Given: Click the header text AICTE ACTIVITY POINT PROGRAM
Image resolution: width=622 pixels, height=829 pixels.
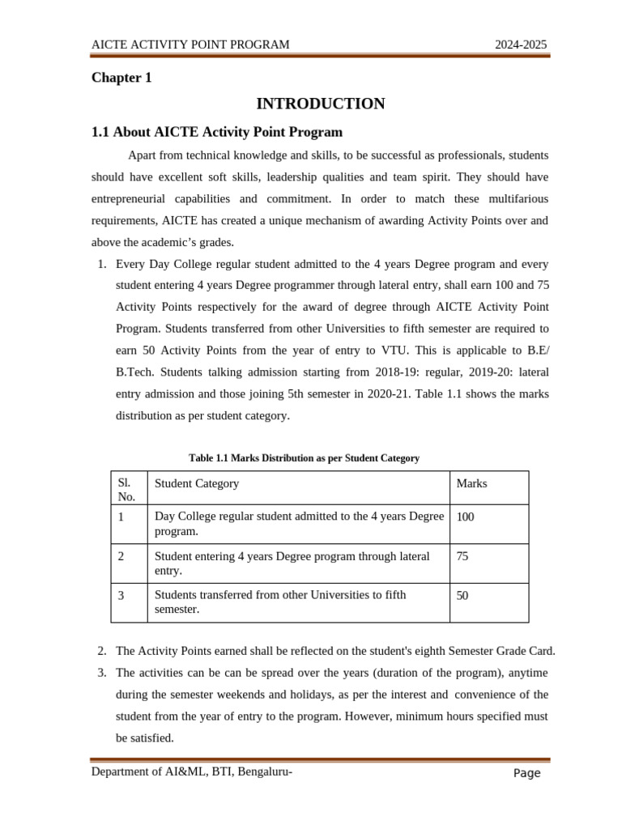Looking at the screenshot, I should pos(190,45).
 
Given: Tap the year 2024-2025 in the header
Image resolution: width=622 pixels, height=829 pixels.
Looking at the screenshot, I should pos(522,45).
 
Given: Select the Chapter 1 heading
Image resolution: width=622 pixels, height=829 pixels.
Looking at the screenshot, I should pos(121,78).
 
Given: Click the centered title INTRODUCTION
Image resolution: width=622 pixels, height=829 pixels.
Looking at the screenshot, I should pos(320,104).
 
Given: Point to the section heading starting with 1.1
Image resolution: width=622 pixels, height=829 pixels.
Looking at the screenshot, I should pos(216,132).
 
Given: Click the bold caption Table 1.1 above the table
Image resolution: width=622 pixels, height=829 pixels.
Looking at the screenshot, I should pos(304,458).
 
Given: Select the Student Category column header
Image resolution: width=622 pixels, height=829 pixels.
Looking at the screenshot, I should pos(197,483).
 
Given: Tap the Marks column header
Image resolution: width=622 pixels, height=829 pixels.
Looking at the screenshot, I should pos(471,483).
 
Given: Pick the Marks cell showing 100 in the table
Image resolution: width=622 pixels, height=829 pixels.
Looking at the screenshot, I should pos(466,517).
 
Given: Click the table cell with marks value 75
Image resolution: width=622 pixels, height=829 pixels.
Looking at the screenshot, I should pos(462,556).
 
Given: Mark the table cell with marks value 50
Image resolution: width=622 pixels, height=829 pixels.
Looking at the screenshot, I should pos(462,596).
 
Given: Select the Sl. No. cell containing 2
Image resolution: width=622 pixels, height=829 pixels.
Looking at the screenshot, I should pos(121,556).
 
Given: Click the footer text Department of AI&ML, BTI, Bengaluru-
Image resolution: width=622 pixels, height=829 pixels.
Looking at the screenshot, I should pos(191,772).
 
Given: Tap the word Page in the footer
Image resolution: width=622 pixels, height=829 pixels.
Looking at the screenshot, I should pos(526,773).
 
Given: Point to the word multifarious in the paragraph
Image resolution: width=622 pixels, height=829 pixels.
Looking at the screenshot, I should pos(513,198).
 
